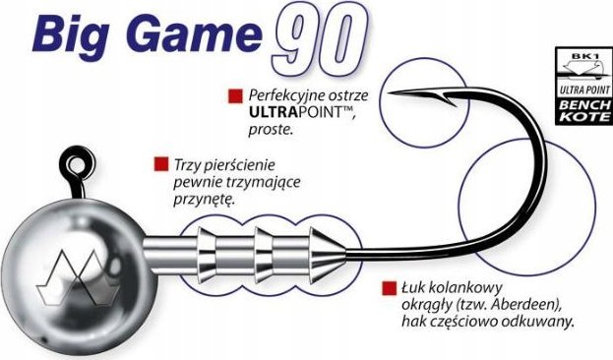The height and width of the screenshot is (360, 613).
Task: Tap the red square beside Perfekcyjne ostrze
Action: point(234,95)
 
